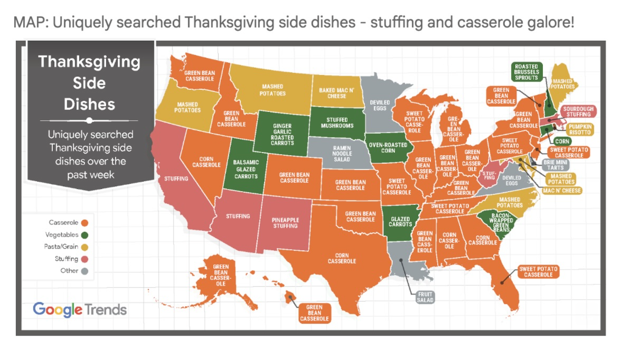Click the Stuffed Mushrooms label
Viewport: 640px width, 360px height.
click(x=337, y=123)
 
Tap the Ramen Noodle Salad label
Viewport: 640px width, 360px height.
click(x=342, y=154)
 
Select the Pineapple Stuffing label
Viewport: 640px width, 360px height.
click(x=285, y=223)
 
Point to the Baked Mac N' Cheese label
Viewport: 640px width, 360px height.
click(x=337, y=93)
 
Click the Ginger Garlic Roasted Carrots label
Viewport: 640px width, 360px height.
click(x=282, y=134)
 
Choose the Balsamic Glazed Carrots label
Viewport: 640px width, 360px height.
click(x=246, y=169)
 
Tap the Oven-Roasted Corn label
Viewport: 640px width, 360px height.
click(x=388, y=148)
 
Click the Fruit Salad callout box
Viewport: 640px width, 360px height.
click(x=425, y=297)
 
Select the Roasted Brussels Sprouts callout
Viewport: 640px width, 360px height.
click(x=526, y=72)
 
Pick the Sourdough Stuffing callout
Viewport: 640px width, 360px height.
click(x=578, y=112)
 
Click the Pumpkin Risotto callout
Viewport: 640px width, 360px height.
click(x=580, y=129)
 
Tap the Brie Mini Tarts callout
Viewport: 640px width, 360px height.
click(x=555, y=165)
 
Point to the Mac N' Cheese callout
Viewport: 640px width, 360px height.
click(x=562, y=191)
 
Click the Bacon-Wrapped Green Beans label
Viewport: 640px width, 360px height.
click(x=501, y=222)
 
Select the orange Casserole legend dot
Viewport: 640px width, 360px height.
click(x=85, y=223)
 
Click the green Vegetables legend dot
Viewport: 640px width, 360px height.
click(x=85, y=235)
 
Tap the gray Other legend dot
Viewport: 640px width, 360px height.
click(x=85, y=271)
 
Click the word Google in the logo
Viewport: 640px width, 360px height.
click(x=57, y=310)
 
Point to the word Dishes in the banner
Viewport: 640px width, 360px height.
click(x=89, y=104)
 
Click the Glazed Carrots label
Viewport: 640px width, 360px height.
click(x=400, y=222)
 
